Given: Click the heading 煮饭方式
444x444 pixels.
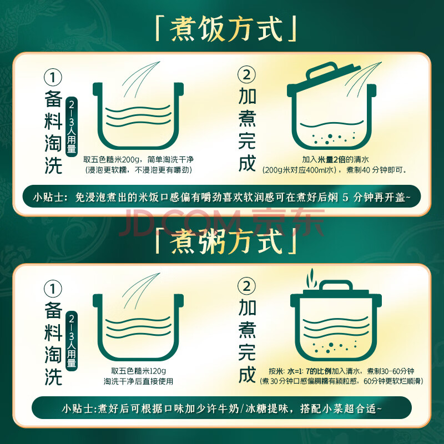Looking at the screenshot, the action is (x=226, y=29).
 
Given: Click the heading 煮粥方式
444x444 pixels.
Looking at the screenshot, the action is (x=226, y=241).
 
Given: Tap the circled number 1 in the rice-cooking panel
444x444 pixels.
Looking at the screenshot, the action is (x=53, y=77).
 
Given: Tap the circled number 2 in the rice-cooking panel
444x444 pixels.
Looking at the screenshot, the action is (x=246, y=74).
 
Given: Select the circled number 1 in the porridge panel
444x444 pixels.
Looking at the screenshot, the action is (x=53, y=289).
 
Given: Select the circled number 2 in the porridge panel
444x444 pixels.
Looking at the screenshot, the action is (x=246, y=286).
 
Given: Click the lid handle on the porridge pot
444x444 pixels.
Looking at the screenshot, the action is (x=336, y=285).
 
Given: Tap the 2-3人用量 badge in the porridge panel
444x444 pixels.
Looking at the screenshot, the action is (x=72, y=340).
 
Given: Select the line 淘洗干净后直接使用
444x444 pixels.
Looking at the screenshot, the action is (x=138, y=381).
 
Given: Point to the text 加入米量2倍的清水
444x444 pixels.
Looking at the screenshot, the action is (x=336, y=159).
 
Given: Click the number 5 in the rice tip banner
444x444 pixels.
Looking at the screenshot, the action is (x=345, y=197).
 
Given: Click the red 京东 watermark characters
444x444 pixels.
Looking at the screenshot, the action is (x=288, y=221).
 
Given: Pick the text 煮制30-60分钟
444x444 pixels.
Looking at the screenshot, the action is (x=391, y=371).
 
